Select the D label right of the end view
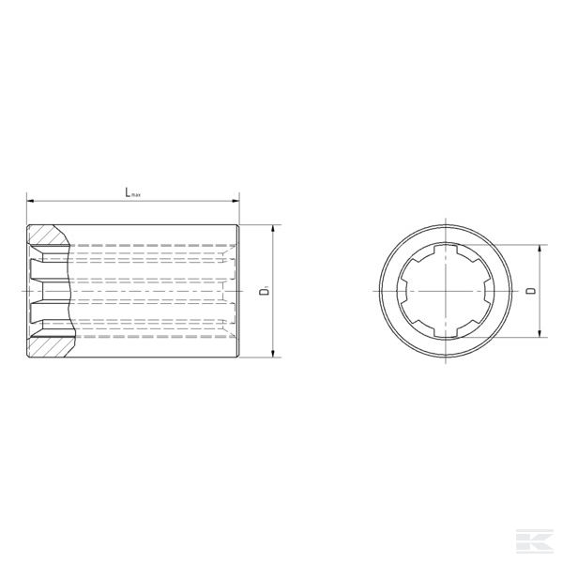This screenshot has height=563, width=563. (530, 292)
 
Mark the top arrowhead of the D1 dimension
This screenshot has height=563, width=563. (272, 229)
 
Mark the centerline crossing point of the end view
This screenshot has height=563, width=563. (445, 292)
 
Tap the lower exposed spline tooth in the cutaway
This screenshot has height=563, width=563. (42, 313)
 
